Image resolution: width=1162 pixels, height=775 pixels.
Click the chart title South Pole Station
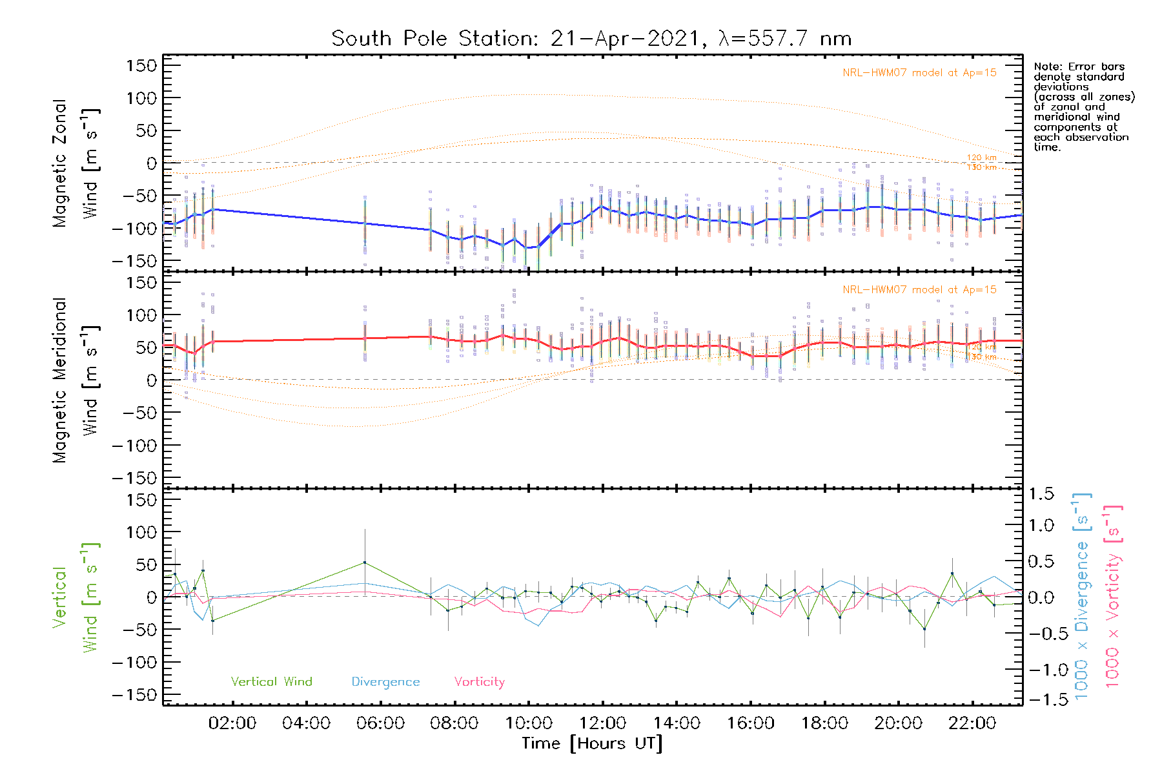point(591,39)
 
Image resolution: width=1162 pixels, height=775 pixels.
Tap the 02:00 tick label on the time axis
point(232,723)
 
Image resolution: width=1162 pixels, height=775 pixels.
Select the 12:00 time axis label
point(602,723)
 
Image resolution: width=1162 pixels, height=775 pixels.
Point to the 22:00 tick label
point(972,723)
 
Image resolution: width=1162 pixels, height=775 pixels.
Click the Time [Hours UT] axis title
point(592,743)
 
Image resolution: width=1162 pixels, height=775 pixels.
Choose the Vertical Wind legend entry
point(271,681)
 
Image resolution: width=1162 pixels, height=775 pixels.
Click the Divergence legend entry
point(385,681)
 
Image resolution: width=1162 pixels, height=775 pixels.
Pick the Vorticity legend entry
point(479,681)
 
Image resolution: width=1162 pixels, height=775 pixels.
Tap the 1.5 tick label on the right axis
point(1041,494)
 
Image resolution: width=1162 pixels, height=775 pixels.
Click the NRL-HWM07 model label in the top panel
point(919,72)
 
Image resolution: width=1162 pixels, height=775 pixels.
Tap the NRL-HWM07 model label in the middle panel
point(919,289)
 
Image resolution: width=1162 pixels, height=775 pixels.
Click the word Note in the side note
point(1046,67)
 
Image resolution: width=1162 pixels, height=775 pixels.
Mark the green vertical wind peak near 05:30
point(365,563)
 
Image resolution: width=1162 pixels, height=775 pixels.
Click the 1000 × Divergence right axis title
point(1081,596)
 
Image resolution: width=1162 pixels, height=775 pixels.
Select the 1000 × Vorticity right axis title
point(1112,596)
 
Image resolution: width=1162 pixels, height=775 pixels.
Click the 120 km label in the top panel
point(981,158)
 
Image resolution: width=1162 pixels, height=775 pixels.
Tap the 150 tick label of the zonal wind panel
point(141,65)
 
